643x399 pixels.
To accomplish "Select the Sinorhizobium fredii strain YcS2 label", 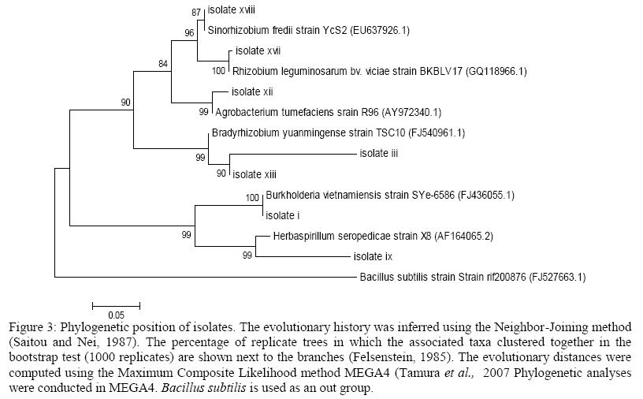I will (308, 30).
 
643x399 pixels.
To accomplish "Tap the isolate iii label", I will (378, 153).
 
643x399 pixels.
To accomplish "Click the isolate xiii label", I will (255, 173).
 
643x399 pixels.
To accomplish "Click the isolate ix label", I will (373, 256).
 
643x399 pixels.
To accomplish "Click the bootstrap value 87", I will (196, 13).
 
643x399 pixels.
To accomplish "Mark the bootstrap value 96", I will (189, 33).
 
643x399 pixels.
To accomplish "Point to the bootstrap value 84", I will (163, 64).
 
